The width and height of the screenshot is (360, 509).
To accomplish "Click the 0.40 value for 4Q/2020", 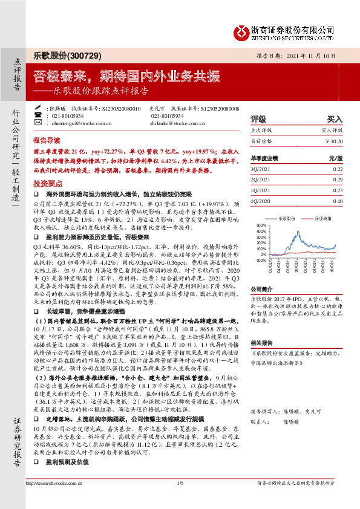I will click(338, 201).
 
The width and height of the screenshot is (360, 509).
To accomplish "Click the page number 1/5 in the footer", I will click(180, 501).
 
